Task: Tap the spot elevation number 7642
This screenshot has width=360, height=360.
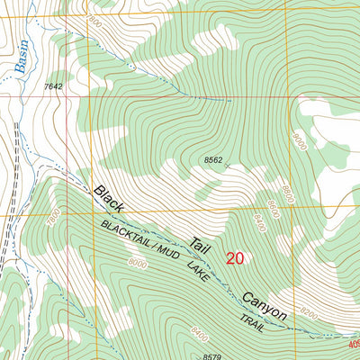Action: click(x=54, y=86)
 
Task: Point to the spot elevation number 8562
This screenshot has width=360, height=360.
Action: click(x=213, y=160)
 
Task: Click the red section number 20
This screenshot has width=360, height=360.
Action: click(x=235, y=258)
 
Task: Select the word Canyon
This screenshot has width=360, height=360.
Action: click(x=264, y=303)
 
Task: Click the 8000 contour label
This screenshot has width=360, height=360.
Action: click(x=137, y=264)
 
